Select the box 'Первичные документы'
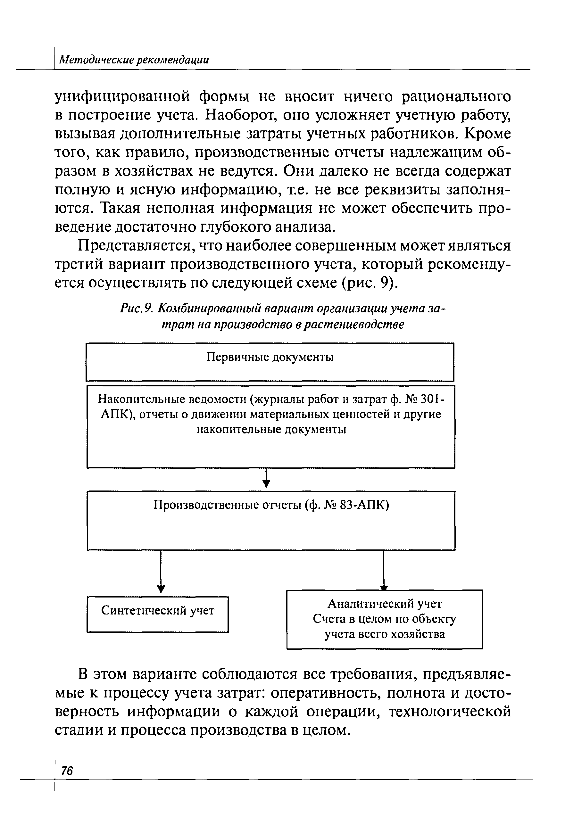(x=270, y=361)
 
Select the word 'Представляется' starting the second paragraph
(x=137, y=245)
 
